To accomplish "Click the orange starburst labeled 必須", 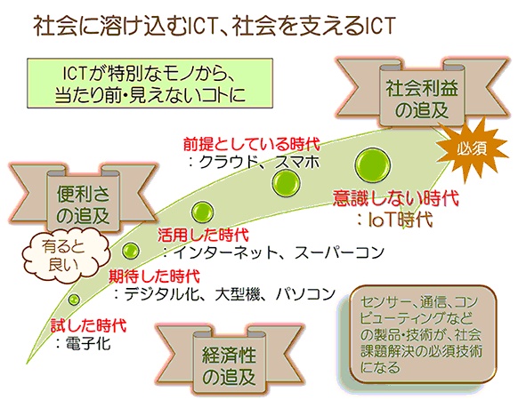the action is (x=472, y=149).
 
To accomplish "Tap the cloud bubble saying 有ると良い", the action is (x=64, y=256).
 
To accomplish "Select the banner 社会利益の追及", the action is (x=422, y=95).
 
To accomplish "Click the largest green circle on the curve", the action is (x=372, y=165).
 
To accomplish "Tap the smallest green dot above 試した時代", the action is (x=74, y=300).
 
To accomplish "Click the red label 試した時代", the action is (x=88, y=325).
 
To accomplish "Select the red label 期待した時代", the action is (x=155, y=276).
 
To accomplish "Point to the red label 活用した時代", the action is (x=203, y=235).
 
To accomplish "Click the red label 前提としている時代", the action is (x=252, y=144).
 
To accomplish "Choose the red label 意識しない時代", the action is (x=396, y=198).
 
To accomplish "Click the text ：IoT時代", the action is (x=394, y=220).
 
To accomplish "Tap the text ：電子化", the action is (x=84, y=343).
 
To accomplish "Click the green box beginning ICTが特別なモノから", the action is (x=150, y=84).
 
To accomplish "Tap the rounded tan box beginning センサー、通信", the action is (x=423, y=335).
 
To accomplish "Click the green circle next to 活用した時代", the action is (x=203, y=212).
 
